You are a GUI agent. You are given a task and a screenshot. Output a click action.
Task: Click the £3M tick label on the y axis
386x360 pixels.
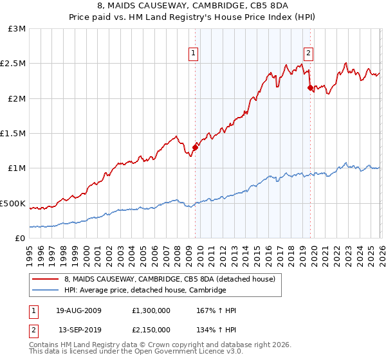coord(17,29)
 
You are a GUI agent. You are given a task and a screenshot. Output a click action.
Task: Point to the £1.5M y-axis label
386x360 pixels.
coord(14,134)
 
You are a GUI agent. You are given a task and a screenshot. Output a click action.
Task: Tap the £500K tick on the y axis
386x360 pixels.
coord(14,203)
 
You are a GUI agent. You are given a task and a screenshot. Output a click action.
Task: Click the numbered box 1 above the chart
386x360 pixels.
coord(194,53)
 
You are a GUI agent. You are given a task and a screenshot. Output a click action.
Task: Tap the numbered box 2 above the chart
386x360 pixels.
coord(309,53)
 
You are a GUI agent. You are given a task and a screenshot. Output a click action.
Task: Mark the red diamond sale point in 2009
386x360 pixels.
coord(195,147)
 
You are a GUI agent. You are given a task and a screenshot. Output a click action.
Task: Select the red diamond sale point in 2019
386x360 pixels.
coord(310,87)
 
